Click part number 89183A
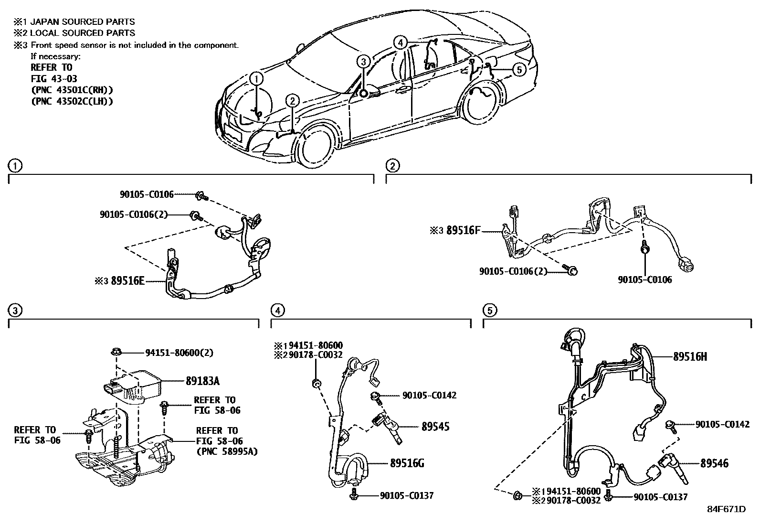tap(202, 381)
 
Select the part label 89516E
tap(127, 281)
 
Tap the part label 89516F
tap(463, 230)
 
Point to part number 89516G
tap(407, 463)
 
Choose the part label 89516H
tap(690, 356)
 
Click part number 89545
tap(435, 427)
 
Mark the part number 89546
tap(715, 463)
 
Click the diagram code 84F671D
tap(727, 509)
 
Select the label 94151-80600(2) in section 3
tap(179, 353)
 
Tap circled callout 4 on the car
tap(400, 43)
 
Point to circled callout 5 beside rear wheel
tap(519, 70)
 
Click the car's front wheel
tap(314, 149)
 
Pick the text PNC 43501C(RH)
tap(72, 90)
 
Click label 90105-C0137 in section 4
tap(407, 495)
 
